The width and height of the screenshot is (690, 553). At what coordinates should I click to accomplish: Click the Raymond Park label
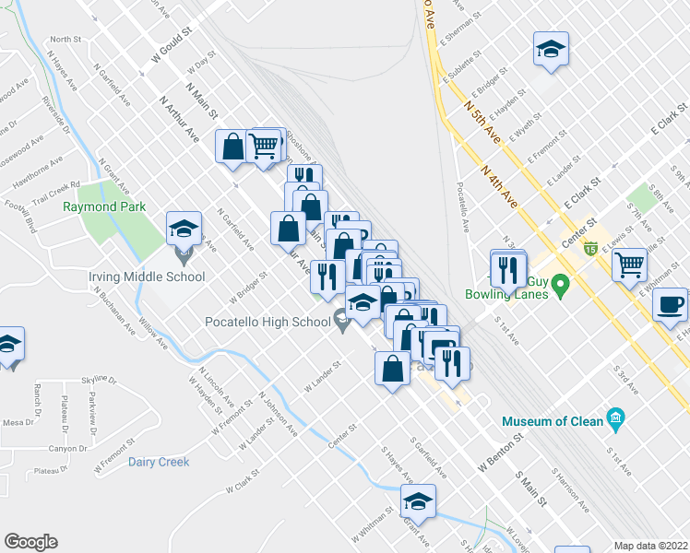104,207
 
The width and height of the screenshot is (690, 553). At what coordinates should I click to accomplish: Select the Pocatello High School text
268,322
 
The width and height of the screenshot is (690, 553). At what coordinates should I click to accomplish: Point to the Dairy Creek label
159,462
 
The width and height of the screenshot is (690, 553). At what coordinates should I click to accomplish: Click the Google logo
30,542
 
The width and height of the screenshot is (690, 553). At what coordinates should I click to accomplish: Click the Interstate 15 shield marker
590,247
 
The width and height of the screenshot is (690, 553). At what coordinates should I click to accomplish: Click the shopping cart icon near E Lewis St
630,265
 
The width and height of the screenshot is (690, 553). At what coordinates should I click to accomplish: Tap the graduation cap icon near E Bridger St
551,51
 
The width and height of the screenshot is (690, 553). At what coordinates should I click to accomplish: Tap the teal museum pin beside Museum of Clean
616,421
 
